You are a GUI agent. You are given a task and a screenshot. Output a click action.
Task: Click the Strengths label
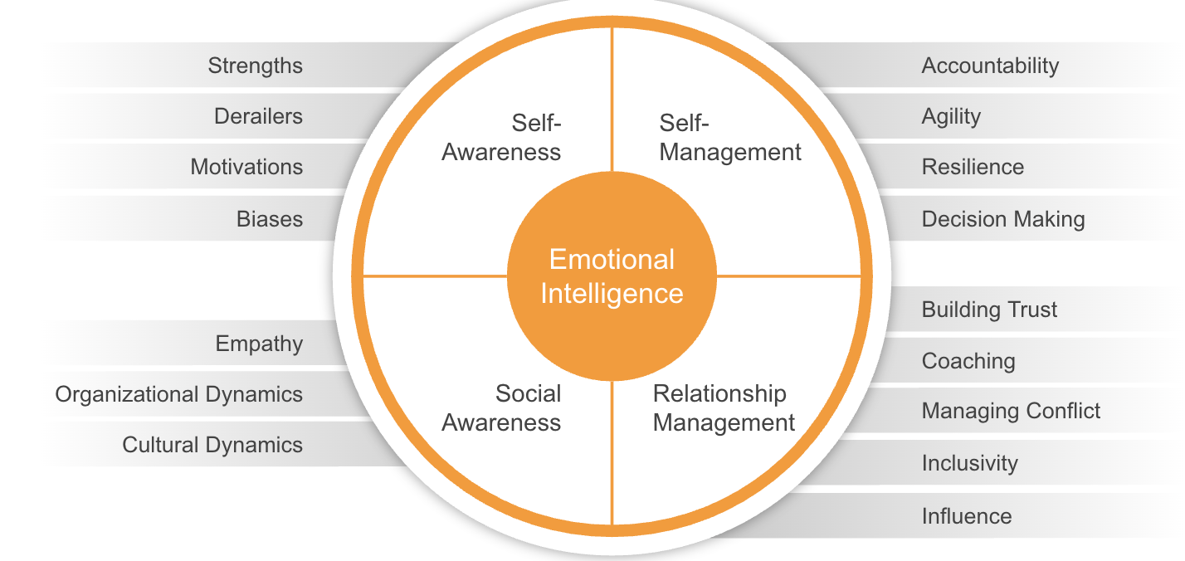tap(255, 66)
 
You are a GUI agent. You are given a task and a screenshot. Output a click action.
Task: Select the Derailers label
tap(258, 116)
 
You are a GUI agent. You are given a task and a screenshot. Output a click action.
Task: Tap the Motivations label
tap(246, 167)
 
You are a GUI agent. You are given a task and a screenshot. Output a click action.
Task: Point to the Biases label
tap(270, 219)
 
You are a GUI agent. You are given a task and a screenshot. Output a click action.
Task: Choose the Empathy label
tap(259, 344)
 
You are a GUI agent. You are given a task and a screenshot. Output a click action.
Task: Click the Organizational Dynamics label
tap(178, 394)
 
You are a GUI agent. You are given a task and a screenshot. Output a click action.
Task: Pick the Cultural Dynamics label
tap(212, 445)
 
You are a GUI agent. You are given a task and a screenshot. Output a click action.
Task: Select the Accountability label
tap(990, 66)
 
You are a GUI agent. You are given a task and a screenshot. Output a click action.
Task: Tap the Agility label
tap(951, 116)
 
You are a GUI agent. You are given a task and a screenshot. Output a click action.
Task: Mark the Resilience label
tap(973, 167)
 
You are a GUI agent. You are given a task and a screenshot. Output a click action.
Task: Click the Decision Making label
tap(1003, 219)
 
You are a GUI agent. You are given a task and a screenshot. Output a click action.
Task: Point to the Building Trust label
tap(989, 310)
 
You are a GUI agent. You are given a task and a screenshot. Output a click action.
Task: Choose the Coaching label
tap(968, 361)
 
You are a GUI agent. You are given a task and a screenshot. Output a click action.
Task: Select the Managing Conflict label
tap(1011, 411)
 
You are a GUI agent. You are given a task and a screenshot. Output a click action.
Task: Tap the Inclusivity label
tap(969, 463)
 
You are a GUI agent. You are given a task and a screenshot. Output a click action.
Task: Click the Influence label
tap(967, 516)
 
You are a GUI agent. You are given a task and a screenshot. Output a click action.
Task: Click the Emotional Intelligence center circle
tap(612, 276)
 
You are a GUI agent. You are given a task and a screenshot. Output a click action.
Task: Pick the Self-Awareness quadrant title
tap(502, 138)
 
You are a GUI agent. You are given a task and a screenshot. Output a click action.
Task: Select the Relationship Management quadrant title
tap(724, 407)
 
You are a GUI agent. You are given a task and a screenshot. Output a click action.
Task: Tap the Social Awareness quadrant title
tap(502, 407)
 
